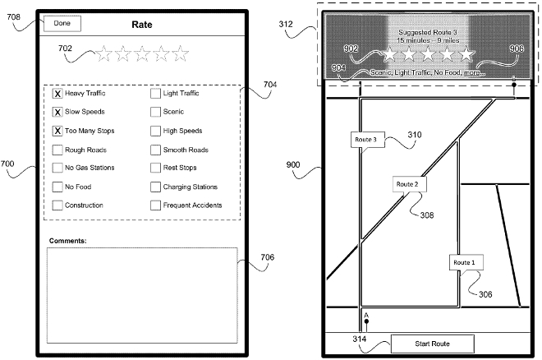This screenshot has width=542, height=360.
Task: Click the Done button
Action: [x=62, y=24]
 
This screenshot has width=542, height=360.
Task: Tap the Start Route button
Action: [x=432, y=343]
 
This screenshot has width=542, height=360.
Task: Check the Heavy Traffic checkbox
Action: [x=57, y=94]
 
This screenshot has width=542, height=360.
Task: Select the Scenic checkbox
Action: [x=155, y=112]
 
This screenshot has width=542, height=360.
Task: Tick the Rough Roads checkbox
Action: [x=57, y=150]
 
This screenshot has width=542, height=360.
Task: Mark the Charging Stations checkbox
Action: [x=155, y=187]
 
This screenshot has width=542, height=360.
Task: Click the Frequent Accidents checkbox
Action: [x=155, y=205]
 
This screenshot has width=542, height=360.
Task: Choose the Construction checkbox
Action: [x=57, y=205]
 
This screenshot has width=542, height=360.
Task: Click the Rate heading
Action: [x=142, y=25]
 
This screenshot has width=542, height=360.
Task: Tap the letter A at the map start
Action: [x=365, y=314]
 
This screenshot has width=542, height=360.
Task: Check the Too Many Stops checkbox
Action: [x=57, y=131]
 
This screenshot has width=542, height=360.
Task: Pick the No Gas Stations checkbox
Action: [x=57, y=168]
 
